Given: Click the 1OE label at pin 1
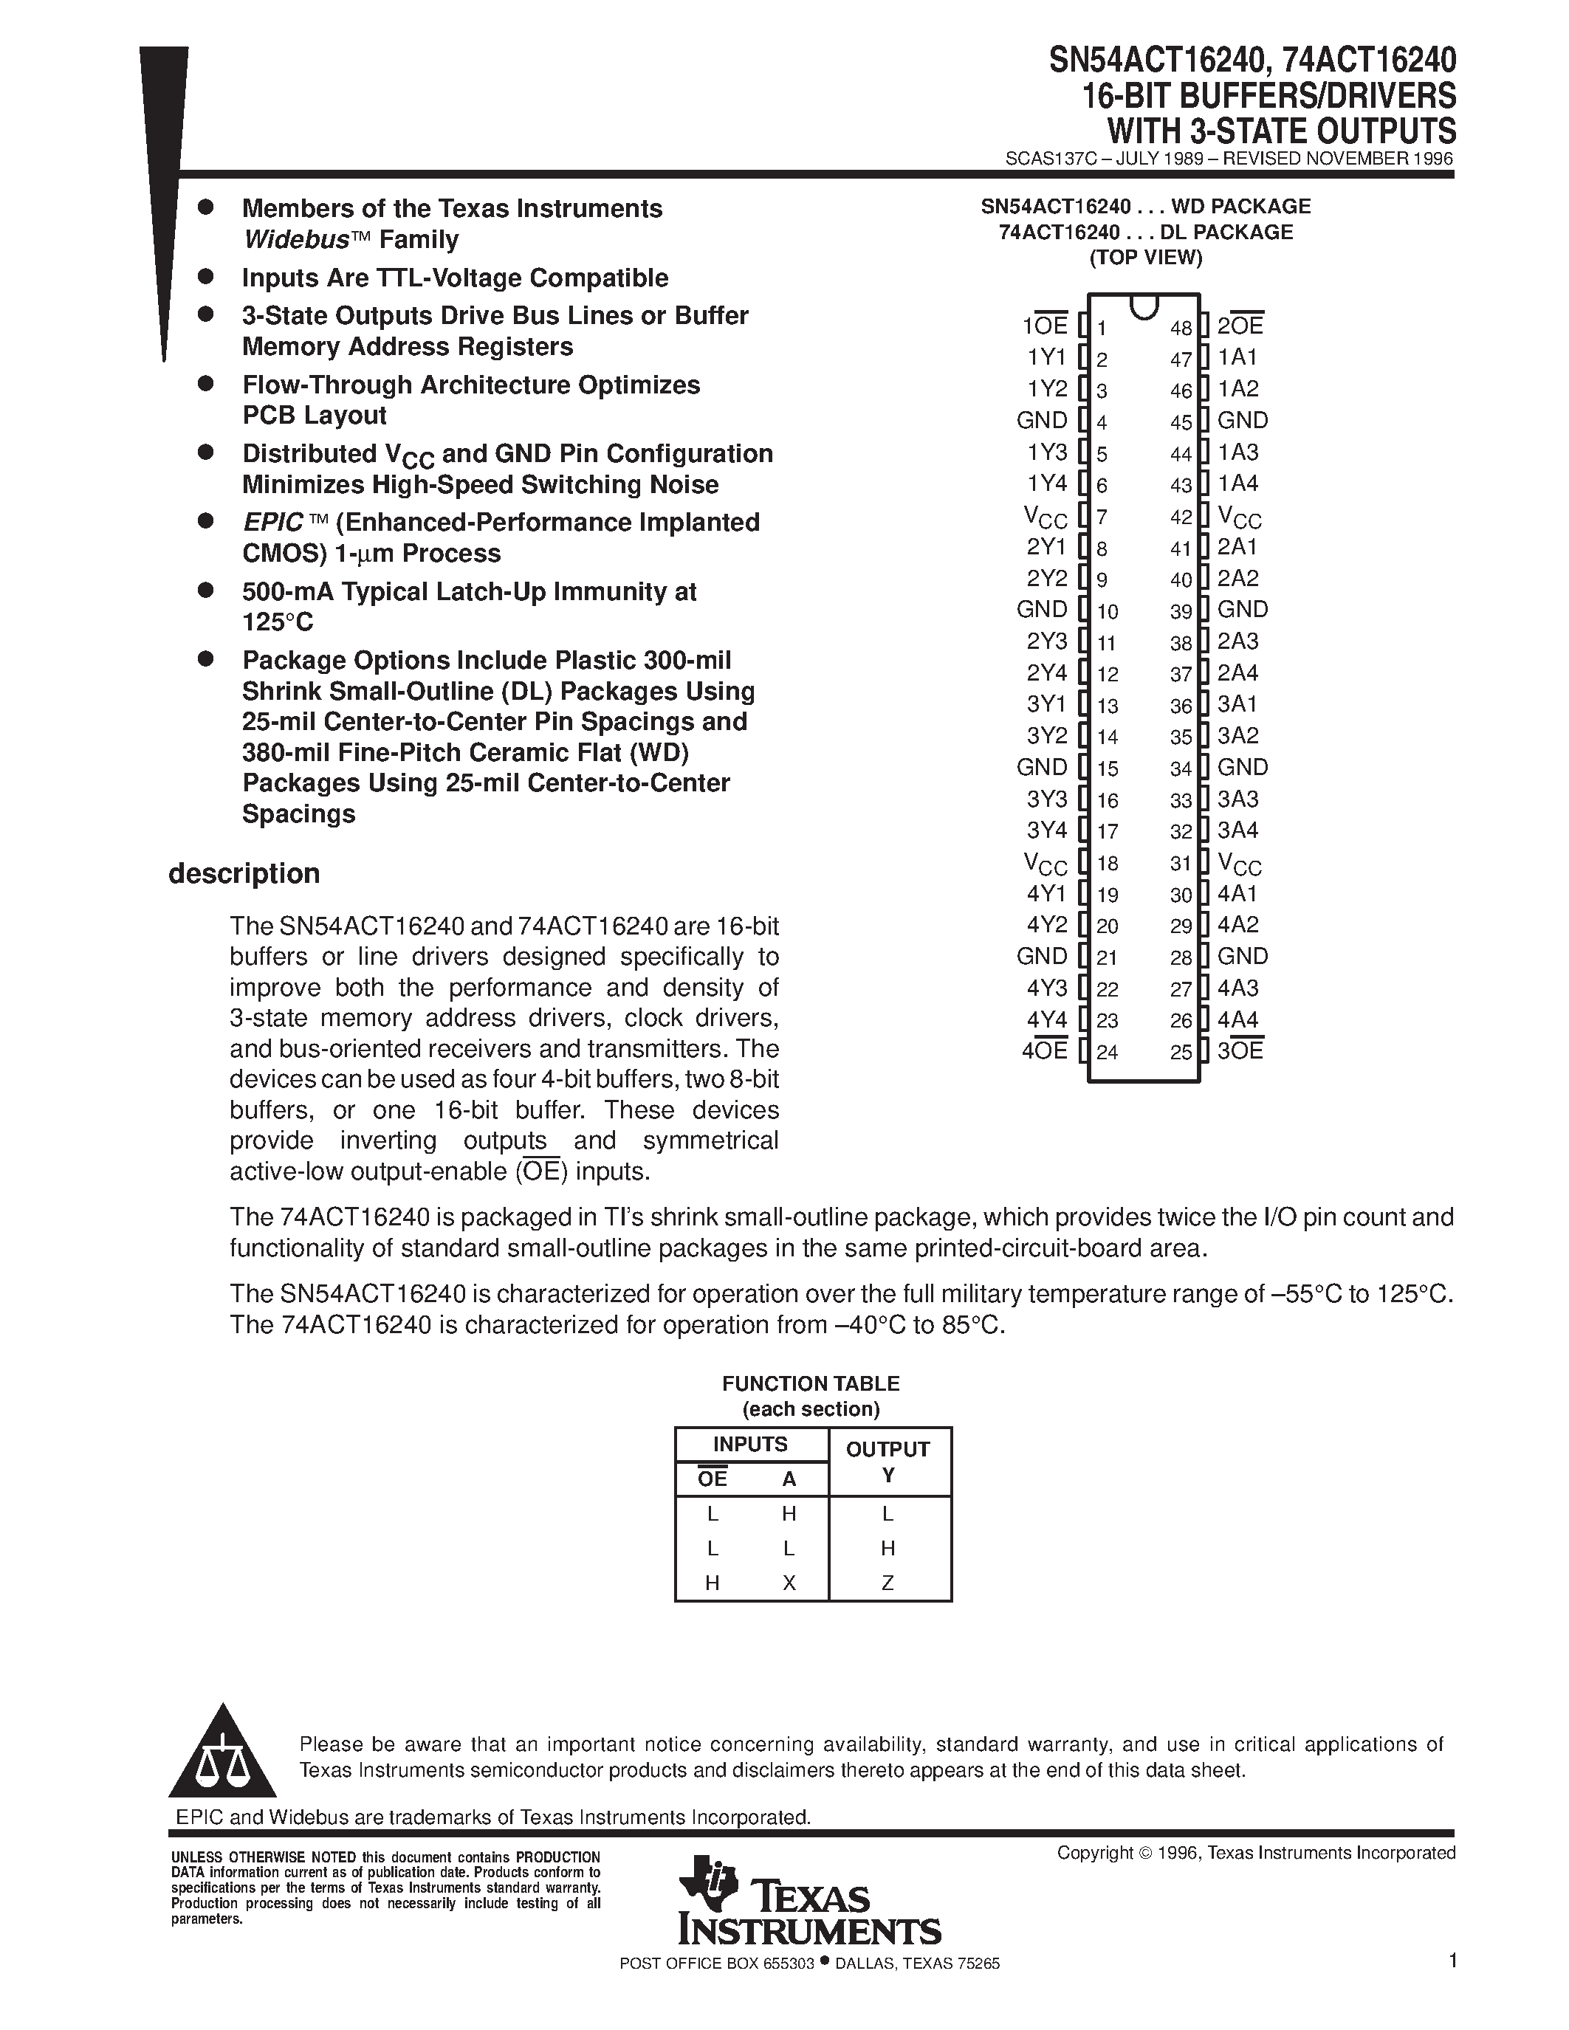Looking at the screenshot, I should (x=1045, y=326).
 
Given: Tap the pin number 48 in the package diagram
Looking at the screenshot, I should (x=1181, y=328).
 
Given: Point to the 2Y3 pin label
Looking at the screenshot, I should (x=1047, y=641).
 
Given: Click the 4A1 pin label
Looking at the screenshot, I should (x=1237, y=894).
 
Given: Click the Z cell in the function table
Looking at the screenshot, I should (x=888, y=1583).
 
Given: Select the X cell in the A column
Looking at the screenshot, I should (x=789, y=1583).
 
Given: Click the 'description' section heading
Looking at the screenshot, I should (x=244, y=874).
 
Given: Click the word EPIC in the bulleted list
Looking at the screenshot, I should (x=273, y=523).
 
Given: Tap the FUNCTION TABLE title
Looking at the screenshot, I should (x=811, y=1383).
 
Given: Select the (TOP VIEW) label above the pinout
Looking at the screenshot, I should (x=1145, y=258).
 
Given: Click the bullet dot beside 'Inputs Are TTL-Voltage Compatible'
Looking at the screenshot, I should (x=206, y=276).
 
